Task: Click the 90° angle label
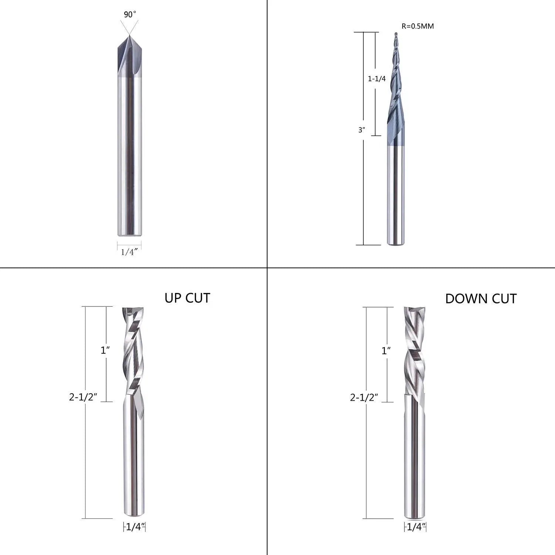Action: [x=130, y=14]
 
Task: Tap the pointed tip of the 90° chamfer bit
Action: [x=129, y=35]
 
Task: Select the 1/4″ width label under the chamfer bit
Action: [x=129, y=252]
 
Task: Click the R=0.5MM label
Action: [x=418, y=26]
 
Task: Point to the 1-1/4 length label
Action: [x=377, y=79]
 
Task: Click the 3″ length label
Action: [x=361, y=130]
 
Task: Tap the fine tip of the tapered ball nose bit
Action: [x=396, y=34]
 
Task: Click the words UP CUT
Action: [x=187, y=298]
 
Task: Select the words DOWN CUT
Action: [x=481, y=299]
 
